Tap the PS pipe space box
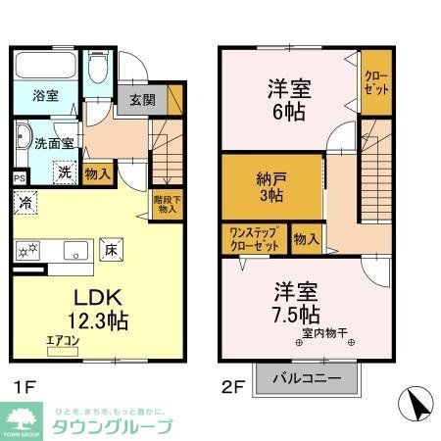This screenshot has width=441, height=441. tap(21, 177)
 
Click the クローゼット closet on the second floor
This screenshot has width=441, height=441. tap(375, 81)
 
